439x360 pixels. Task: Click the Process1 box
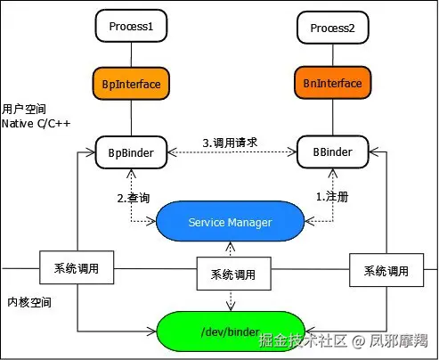[x=131, y=26]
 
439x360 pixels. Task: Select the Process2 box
[x=333, y=28]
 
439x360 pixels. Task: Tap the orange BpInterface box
[x=131, y=84]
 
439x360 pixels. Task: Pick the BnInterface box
[x=333, y=83]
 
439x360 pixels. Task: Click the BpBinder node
[x=131, y=152]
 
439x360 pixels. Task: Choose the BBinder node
[x=333, y=151]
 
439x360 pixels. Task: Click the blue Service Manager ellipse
[x=231, y=222]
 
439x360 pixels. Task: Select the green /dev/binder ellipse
[x=231, y=331]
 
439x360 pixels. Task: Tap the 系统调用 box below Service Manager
[x=234, y=274]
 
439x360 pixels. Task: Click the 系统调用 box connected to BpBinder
[x=77, y=267]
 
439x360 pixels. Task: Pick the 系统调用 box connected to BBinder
[x=386, y=270]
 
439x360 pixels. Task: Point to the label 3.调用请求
[x=230, y=143]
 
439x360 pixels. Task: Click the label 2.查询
[x=134, y=198]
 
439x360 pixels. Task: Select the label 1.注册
[x=332, y=197]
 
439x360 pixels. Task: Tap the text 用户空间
[x=24, y=109]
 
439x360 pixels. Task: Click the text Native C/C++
[x=36, y=124]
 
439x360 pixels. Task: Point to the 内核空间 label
[x=29, y=302]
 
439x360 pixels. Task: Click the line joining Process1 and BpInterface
[x=131, y=54]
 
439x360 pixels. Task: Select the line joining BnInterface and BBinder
[x=333, y=117]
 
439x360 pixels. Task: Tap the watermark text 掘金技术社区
[x=303, y=340]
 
